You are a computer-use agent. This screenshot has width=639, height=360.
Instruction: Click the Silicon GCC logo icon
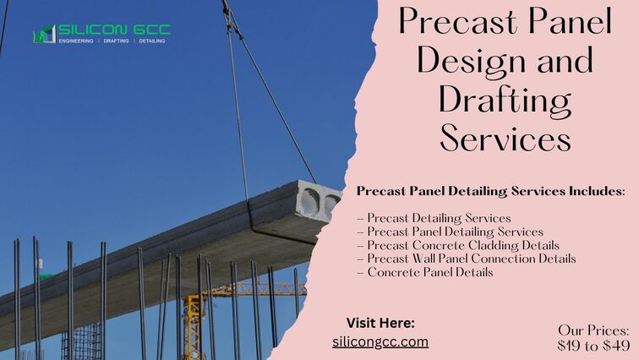tap(45, 34)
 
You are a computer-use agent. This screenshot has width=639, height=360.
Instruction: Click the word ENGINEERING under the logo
tap(76, 41)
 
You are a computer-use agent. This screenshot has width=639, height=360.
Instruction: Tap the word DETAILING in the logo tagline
tap(152, 41)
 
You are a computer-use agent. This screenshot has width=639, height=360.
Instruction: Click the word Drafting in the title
tap(505, 101)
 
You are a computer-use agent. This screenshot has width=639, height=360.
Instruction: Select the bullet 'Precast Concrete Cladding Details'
tap(458, 245)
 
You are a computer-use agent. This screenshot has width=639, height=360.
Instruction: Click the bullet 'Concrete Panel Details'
tap(424, 272)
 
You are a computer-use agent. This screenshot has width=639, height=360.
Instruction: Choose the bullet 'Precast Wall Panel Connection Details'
tap(467, 259)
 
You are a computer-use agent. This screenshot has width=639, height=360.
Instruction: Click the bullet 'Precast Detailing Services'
tap(434, 218)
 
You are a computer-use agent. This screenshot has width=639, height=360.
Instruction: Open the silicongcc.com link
tap(380, 341)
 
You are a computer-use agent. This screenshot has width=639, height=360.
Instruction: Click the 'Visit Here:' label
tap(380, 323)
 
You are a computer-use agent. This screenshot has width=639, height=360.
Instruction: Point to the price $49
tap(616, 346)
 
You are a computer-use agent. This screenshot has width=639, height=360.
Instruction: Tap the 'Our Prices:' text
tap(593, 330)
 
